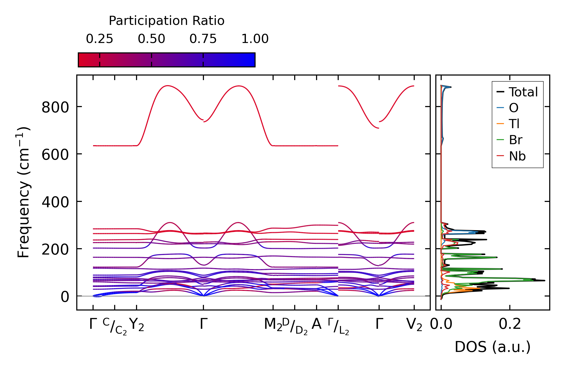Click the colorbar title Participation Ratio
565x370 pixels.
167,21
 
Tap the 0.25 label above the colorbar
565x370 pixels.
99,39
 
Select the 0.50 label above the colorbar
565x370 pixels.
152,39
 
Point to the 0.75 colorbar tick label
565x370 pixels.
203,39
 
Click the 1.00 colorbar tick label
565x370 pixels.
255,39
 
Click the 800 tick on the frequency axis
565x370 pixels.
55,107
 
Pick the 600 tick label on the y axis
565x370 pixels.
55,155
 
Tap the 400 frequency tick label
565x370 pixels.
55,202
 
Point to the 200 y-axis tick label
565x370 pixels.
55,249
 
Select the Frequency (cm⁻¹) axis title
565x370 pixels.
23,192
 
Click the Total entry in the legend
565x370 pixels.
523,92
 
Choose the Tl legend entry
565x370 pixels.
514,124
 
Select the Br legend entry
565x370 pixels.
515,140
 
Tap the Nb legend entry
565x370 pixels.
517,156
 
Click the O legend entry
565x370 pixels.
513,108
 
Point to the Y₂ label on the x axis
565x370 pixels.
137,325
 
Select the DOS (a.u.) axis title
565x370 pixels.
493,347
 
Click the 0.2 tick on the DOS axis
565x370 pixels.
510,324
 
